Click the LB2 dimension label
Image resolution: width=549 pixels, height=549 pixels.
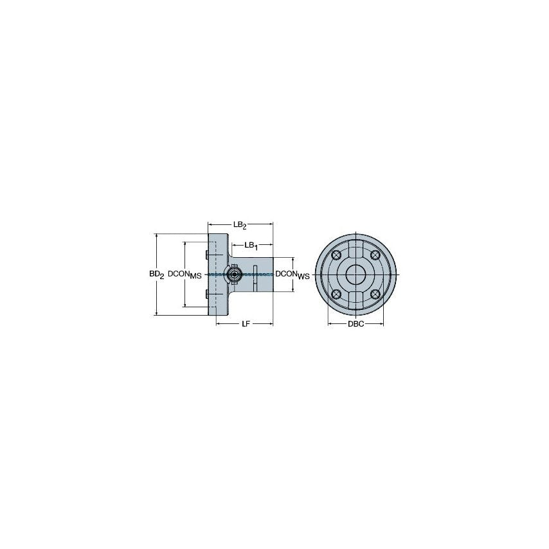click(240, 225)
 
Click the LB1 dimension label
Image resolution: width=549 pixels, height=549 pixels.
click(251, 246)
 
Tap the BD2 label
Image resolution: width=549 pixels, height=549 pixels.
click(157, 274)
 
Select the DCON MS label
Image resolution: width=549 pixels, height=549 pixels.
click(184, 274)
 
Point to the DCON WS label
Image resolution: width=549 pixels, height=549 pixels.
click(292, 274)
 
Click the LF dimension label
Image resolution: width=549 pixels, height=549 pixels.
click(246, 324)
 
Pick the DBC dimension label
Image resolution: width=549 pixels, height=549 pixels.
click(355, 324)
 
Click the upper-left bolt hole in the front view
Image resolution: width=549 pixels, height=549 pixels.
click(336, 255)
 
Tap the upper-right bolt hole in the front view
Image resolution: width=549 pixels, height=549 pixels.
click(375, 255)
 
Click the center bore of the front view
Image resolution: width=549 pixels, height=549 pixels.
click(355, 274)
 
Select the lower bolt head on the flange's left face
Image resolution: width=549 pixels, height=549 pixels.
click(205, 295)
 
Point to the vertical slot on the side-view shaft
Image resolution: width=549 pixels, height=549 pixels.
click(255, 275)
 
